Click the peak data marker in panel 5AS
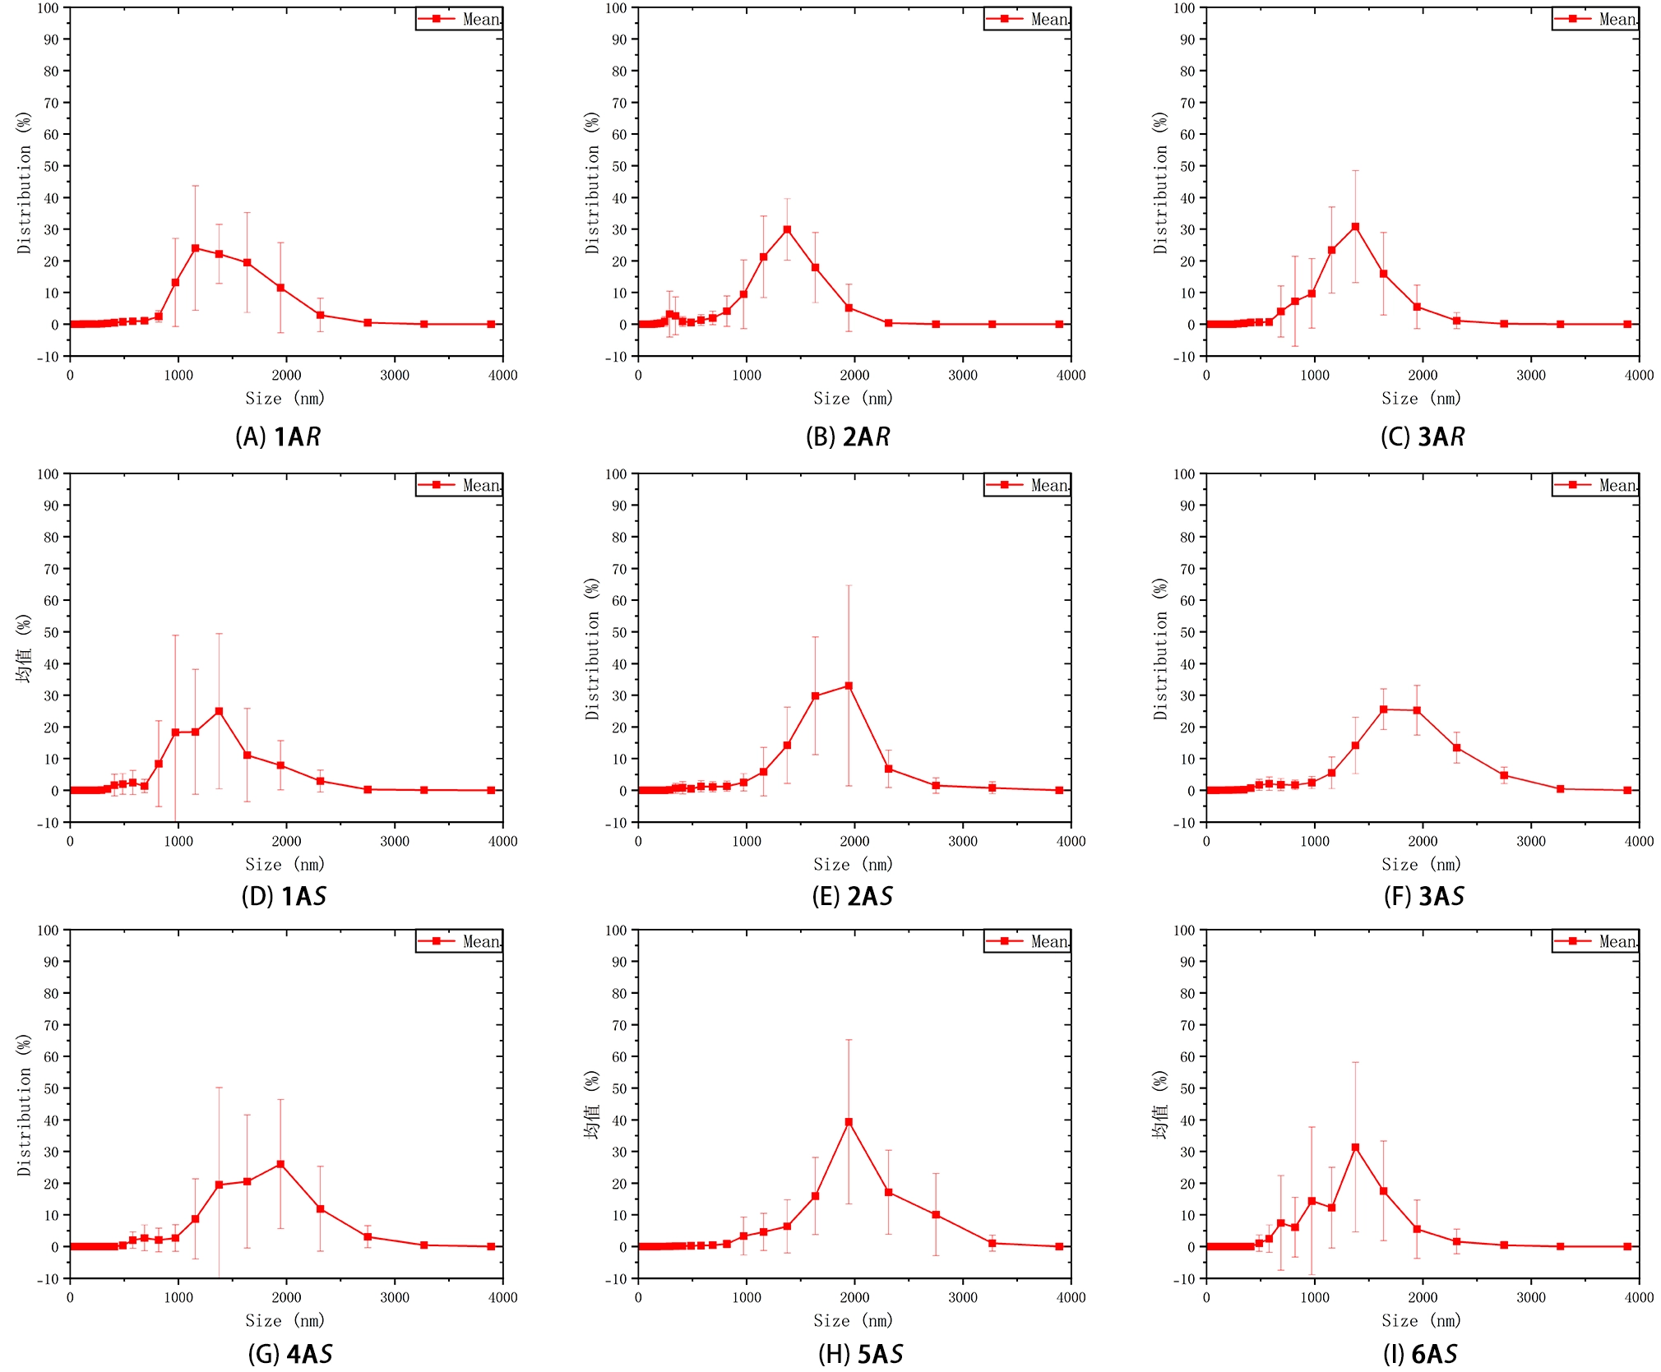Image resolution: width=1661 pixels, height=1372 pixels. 849,1121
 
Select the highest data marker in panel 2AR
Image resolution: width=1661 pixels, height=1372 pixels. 787,229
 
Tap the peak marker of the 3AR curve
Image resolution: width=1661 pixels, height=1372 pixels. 1355,226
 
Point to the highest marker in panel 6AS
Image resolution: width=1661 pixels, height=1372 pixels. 1355,1147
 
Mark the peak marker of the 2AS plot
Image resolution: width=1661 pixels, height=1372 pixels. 849,686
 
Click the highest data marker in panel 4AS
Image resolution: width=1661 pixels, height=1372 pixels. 280,1164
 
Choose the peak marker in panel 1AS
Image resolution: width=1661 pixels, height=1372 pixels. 219,711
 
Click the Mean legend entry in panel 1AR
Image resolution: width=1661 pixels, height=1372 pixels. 459,19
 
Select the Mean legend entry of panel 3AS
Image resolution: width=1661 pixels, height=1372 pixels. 1595,485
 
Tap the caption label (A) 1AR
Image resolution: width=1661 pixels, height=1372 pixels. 278,437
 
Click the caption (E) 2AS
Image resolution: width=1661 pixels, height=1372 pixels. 852,896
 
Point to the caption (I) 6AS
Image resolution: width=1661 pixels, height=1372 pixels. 1420,1354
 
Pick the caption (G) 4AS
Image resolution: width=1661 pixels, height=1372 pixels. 289,1354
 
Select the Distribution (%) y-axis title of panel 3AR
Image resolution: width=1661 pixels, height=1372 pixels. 1160,182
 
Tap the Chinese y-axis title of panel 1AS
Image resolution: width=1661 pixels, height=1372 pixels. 24,649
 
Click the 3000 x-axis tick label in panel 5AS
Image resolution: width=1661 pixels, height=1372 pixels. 963,1297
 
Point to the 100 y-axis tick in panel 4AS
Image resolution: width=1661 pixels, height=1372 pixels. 49,930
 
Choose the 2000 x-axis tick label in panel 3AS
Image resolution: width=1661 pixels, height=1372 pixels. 1423,841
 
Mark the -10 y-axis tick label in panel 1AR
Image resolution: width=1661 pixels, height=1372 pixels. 46,357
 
